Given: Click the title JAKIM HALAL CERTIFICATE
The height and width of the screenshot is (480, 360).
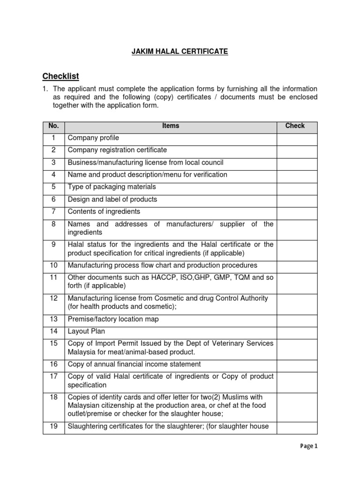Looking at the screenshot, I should tap(180, 52).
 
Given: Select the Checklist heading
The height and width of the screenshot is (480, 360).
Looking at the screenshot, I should tap(60, 76).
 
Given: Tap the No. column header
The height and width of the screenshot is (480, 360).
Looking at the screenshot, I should tap(53, 126).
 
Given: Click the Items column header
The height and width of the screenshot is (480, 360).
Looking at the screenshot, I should tap(171, 126).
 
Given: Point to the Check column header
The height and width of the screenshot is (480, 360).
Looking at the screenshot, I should tap(295, 126).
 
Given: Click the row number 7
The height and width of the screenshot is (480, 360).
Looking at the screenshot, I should tap(53, 211).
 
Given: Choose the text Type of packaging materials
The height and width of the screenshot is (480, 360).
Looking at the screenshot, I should tap(112, 187).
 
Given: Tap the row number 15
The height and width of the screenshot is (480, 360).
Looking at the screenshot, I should tap(53, 344).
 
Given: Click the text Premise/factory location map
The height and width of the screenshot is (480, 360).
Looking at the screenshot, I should tap(113, 319).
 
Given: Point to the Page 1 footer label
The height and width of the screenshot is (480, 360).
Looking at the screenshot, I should tap(308, 447).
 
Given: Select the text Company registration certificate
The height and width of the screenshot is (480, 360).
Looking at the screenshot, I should tap(117, 150).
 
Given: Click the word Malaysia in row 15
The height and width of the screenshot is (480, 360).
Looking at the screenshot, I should tap(82, 352).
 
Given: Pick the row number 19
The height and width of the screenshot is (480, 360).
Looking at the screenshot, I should tap(53, 427).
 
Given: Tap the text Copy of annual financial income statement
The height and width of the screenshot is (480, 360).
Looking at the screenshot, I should tap(134, 364).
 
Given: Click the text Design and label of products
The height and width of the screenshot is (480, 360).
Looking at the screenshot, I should tap(112, 199).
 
